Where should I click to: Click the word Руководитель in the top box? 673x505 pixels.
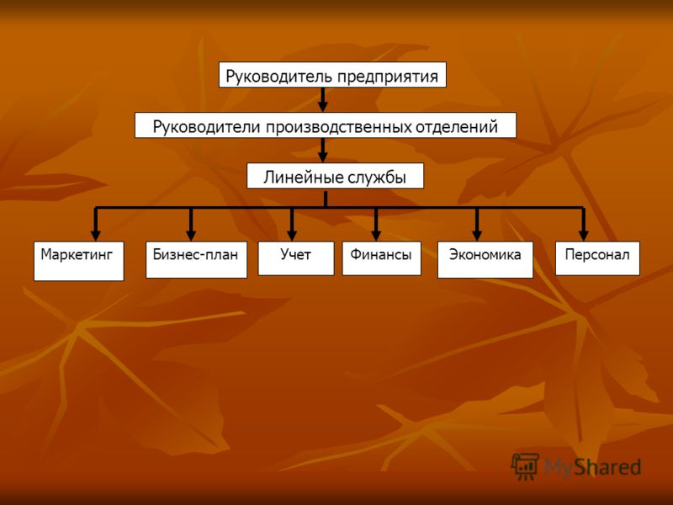click(x=279, y=77)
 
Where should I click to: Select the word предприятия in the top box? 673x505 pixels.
click(x=388, y=77)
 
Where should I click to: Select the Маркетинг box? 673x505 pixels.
click(x=79, y=261)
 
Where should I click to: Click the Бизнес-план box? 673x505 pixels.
click(x=197, y=260)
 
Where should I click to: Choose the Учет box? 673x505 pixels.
click(x=296, y=258)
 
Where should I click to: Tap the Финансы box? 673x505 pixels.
click(x=382, y=258)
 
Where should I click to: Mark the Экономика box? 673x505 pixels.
click(x=485, y=260)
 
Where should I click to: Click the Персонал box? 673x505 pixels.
click(x=597, y=258)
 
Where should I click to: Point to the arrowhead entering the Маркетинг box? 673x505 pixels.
click(x=96, y=235)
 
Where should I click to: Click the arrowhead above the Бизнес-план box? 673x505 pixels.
click(x=192, y=235)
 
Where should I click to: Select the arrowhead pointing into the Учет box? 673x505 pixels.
click(x=292, y=235)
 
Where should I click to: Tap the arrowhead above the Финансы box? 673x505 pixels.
click(x=376, y=235)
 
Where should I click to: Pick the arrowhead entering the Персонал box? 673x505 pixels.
click(x=583, y=235)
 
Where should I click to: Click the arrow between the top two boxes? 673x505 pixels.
click(x=323, y=100)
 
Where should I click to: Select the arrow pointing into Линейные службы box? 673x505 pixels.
click(x=323, y=151)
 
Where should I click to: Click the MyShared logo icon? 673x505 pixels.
click(x=525, y=466)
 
